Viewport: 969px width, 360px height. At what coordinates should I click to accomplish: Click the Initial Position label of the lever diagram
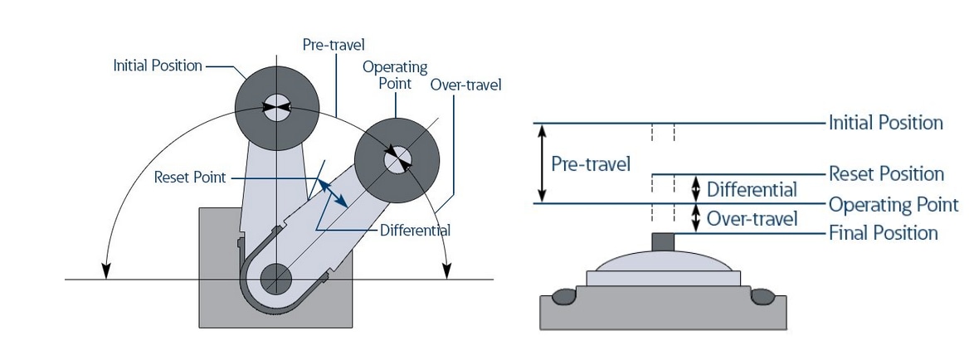click(x=158, y=66)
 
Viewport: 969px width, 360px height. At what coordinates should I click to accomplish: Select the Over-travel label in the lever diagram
click(x=465, y=85)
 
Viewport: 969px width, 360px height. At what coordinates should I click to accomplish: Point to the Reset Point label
click(x=190, y=178)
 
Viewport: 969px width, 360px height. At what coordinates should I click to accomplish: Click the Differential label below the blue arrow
click(x=415, y=230)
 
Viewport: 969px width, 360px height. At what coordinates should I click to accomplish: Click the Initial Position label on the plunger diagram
click(x=885, y=123)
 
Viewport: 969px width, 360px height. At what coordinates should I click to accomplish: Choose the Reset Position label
click(x=886, y=174)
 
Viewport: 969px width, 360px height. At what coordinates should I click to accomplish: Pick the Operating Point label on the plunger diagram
click(x=894, y=205)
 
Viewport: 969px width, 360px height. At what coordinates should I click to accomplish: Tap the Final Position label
click(x=883, y=233)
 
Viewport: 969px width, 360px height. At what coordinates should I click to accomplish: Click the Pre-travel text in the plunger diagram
click(x=591, y=163)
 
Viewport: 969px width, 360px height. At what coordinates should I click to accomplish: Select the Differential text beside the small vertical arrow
click(x=752, y=190)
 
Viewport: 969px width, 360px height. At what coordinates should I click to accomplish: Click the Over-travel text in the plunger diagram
click(x=752, y=219)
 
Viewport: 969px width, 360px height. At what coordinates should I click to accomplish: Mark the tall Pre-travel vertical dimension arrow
click(x=543, y=163)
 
